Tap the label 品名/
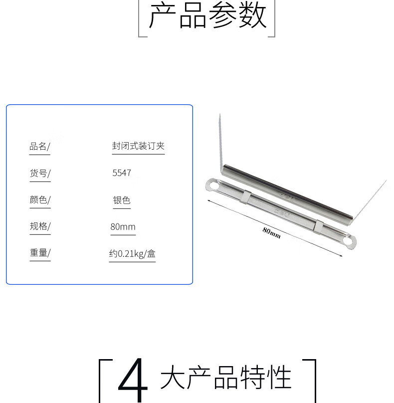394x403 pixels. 39,147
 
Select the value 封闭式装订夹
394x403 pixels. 138,146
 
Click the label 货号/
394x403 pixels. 40,173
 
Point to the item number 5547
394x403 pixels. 122,173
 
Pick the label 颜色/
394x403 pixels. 40,200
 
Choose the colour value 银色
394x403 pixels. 122,200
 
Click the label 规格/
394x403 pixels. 40,226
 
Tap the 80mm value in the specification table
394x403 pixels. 123,227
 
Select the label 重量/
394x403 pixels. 40,253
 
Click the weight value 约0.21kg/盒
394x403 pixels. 132,254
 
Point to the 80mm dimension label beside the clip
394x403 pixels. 271,232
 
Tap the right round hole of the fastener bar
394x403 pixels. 348,241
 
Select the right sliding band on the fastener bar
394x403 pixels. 318,227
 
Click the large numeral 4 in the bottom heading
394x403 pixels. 133,380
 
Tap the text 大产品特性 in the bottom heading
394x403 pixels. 225,377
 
